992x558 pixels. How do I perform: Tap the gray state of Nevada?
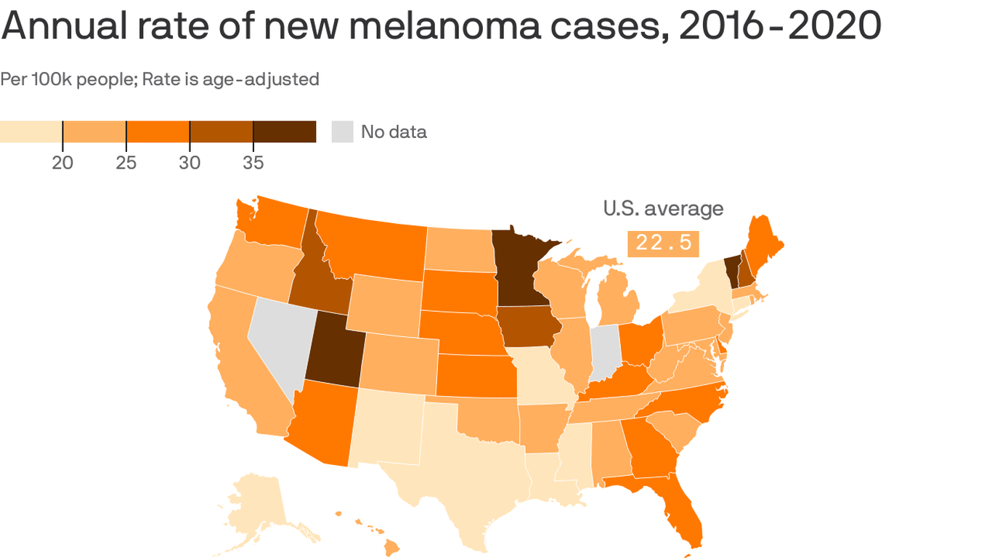click(280, 341)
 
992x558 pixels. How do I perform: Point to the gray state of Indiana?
click(605, 351)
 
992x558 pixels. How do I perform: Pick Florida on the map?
click(679, 509)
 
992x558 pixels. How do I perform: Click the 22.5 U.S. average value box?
click(663, 243)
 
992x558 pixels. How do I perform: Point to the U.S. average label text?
click(663, 209)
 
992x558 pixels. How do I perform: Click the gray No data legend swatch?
click(342, 132)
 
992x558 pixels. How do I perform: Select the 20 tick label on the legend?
click(62, 163)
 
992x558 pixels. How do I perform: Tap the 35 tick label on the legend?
click(253, 163)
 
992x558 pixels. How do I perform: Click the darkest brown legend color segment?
click(285, 132)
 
